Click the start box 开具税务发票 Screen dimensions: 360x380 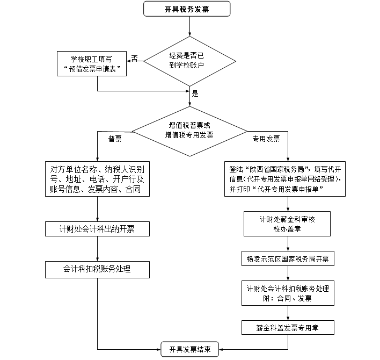pos(187,9)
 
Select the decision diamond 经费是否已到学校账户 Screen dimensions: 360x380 pos(190,60)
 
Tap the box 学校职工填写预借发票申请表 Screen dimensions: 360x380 pos(92,63)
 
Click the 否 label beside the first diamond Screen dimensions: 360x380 pos(134,58)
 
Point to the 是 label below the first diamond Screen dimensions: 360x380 pos(195,93)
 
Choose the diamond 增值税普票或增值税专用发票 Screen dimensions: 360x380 pos(189,129)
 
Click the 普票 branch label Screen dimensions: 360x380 pos(115,139)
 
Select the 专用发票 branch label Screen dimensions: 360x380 pos(266,139)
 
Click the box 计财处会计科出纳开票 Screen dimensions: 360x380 pos(97,229)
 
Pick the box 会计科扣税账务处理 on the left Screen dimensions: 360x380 pos(97,269)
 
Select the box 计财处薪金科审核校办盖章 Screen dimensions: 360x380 pos(288,224)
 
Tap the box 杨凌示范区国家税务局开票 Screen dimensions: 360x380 pos(288,259)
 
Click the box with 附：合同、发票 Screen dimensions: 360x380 pos(288,293)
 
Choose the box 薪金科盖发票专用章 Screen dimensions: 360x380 pos(288,327)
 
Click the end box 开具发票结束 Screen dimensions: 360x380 pos(190,349)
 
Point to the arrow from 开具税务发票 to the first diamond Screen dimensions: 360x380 pos(190,27)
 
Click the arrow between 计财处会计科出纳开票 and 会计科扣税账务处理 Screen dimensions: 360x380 pos(97,249)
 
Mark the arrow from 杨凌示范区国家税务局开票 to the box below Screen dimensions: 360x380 pos(288,273)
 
